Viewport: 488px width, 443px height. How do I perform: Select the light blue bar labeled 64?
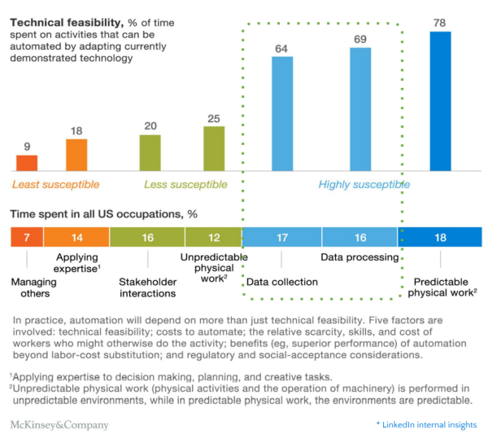click(282, 114)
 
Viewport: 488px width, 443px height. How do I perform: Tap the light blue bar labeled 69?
click(360, 110)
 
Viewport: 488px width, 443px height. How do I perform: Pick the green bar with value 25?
click(214, 149)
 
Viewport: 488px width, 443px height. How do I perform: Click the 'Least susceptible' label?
click(55, 185)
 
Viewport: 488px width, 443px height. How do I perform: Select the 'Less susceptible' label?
click(185, 185)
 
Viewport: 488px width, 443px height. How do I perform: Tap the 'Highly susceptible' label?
click(364, 185)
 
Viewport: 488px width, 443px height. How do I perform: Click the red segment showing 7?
click(27, 237)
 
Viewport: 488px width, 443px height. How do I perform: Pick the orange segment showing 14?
click(76, 237)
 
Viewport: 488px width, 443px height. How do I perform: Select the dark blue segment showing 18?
click(440, 237)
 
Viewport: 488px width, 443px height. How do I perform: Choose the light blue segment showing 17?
click(281, 237)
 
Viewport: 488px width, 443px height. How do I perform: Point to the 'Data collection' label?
click(281, 283)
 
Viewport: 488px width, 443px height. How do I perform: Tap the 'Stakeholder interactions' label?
click(147, 288)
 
